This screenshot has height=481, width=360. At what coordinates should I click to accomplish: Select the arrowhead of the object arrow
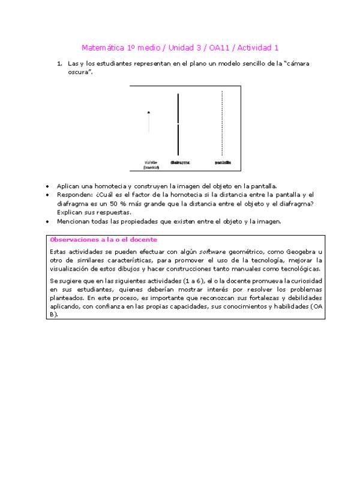149,112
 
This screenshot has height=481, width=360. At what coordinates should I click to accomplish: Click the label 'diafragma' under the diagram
180,162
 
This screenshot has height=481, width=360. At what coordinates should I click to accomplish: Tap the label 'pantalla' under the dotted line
223,162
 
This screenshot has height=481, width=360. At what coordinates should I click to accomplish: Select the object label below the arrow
151,164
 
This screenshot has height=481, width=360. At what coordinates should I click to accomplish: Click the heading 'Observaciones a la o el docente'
103,239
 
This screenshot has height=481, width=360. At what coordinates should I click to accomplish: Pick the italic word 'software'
212,251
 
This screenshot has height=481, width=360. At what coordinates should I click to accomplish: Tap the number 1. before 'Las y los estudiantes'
60,63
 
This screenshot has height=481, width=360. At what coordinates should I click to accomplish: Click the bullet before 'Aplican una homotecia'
49,186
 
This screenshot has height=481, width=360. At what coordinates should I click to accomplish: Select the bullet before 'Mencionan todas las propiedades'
49,222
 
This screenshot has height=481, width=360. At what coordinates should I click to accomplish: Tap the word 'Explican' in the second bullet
70,212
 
